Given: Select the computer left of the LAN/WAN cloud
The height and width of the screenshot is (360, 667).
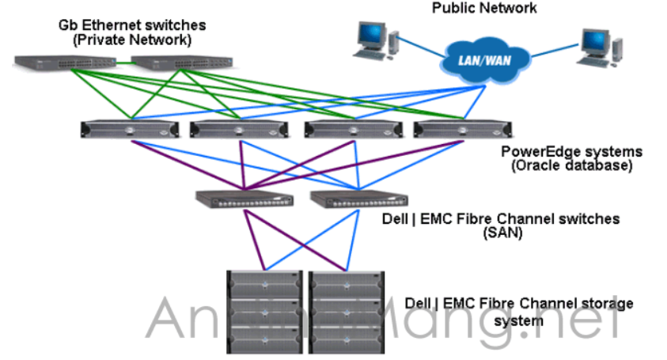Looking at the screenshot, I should click(x=370, y=40).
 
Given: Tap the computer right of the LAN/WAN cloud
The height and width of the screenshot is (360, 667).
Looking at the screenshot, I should click(x=594, y=49).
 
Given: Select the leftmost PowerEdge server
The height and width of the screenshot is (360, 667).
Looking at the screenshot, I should click(x=129, y=129).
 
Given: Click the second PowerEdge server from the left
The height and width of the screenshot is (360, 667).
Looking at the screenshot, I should click(x=240, y=129).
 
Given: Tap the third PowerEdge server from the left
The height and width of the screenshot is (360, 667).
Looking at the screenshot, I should click(x=350, y=129).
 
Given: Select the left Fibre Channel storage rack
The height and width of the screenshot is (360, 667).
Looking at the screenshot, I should click(x=264, y=311).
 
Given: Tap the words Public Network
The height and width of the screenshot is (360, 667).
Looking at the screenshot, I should click(x=484, y=8).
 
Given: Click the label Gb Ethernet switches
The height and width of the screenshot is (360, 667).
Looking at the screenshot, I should click(x=126, y=25).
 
